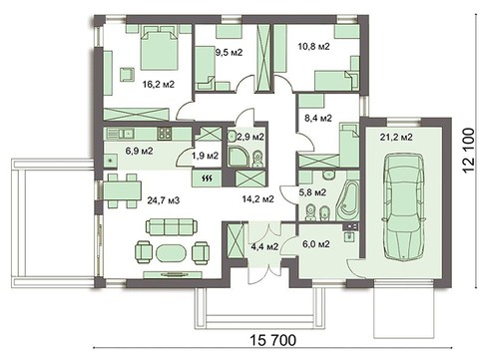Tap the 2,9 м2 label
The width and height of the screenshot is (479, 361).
(249, 137)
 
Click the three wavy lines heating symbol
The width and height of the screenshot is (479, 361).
(206, 179)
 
